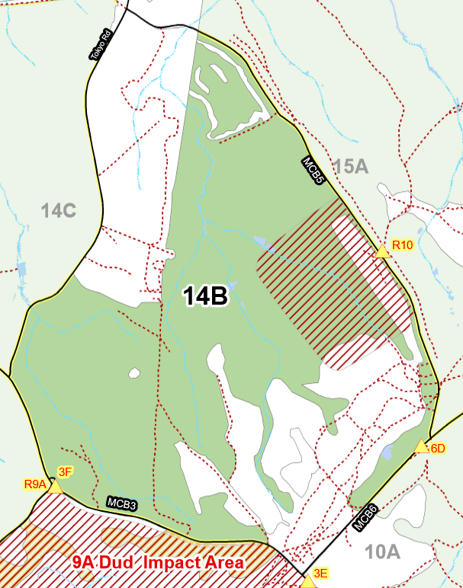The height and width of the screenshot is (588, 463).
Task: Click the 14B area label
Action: click(x=205, y=296)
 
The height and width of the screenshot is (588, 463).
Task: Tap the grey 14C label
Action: click(x=59, y=211)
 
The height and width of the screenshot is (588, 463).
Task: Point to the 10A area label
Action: click(x=383, y=551)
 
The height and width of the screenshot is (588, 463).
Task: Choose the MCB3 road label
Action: click(x=122, y=504)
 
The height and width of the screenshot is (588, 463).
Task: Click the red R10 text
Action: click(x=402, y=245)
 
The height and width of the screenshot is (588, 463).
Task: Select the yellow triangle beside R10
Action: click(x=382, y=252)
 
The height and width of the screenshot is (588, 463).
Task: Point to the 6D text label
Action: click(x=438, y=449)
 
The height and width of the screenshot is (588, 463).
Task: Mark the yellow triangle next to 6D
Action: click(x=421, y=447)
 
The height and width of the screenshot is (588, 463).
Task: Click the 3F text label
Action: click(x=66, y=471)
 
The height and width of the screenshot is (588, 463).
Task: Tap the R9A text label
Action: click(x=35, y=484)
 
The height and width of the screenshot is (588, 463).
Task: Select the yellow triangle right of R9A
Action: click(x=55, y=486)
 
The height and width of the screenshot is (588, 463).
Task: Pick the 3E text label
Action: click(x=320, y=574)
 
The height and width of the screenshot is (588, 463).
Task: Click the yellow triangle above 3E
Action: click(x=308, y=582)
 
